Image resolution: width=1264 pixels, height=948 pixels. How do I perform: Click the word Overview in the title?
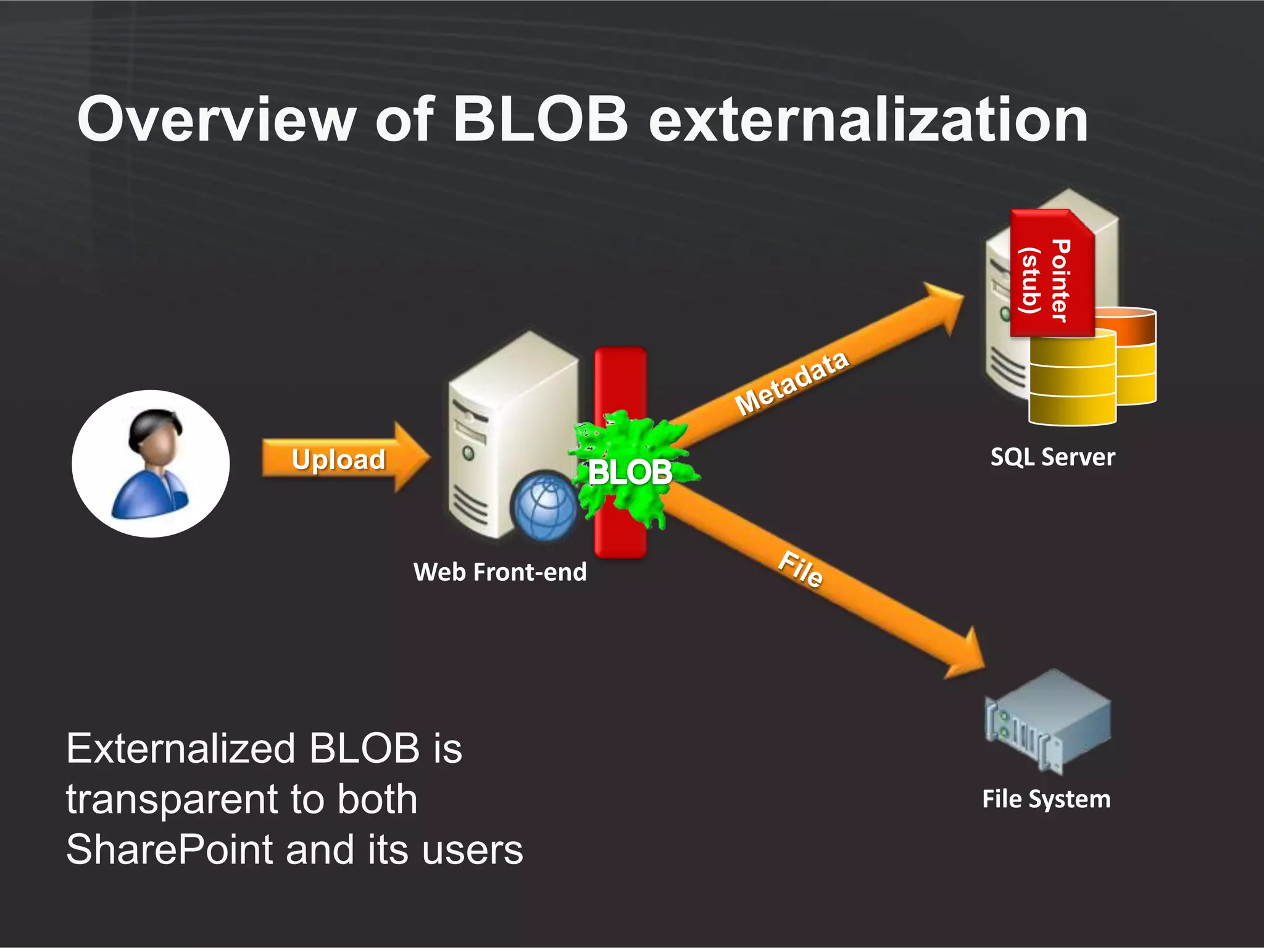tap(216, 120)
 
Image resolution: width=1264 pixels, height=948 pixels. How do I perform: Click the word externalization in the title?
tap(868, 120)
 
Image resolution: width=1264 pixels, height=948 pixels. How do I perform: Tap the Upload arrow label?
tap(338, 459)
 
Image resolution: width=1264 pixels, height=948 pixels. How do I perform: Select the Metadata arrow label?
tap(792, 383)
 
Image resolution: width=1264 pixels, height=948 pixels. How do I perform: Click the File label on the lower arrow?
tap(800, 568)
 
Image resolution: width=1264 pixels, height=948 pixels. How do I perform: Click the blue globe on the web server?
tap(544, 506)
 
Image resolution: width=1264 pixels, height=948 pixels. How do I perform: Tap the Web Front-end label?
tap(500, 572)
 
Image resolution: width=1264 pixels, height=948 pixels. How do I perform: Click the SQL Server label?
tap(1052, 457)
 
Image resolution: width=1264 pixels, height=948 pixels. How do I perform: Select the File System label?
tap(1046, 799)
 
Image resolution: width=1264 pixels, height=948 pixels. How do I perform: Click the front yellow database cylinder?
tap(1072, 380)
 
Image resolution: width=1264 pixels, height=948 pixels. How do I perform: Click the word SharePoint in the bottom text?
tap(169, 850)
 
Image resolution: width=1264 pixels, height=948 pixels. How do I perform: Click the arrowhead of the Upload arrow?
tap(411, 457)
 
